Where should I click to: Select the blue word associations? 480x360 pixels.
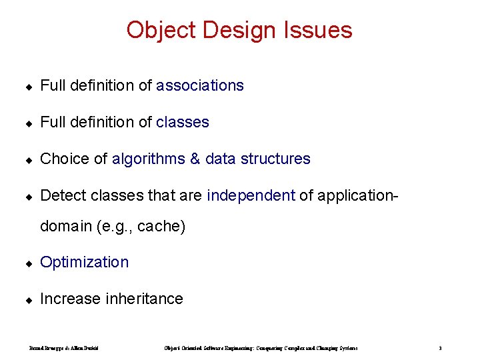point(200,85)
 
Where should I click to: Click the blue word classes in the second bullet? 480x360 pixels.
point(183,122)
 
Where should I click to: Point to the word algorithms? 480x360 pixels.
point(149,159)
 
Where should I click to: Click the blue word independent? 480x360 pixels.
point(251,195)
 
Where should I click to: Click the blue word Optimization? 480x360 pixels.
point(85,262)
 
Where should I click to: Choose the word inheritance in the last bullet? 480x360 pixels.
point(144,299)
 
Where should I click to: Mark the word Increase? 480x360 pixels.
point(71,299)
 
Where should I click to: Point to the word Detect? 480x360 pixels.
point(63,195)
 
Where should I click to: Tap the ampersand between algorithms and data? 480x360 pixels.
point(195,159)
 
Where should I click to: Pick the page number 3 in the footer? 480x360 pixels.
point(441,348)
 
